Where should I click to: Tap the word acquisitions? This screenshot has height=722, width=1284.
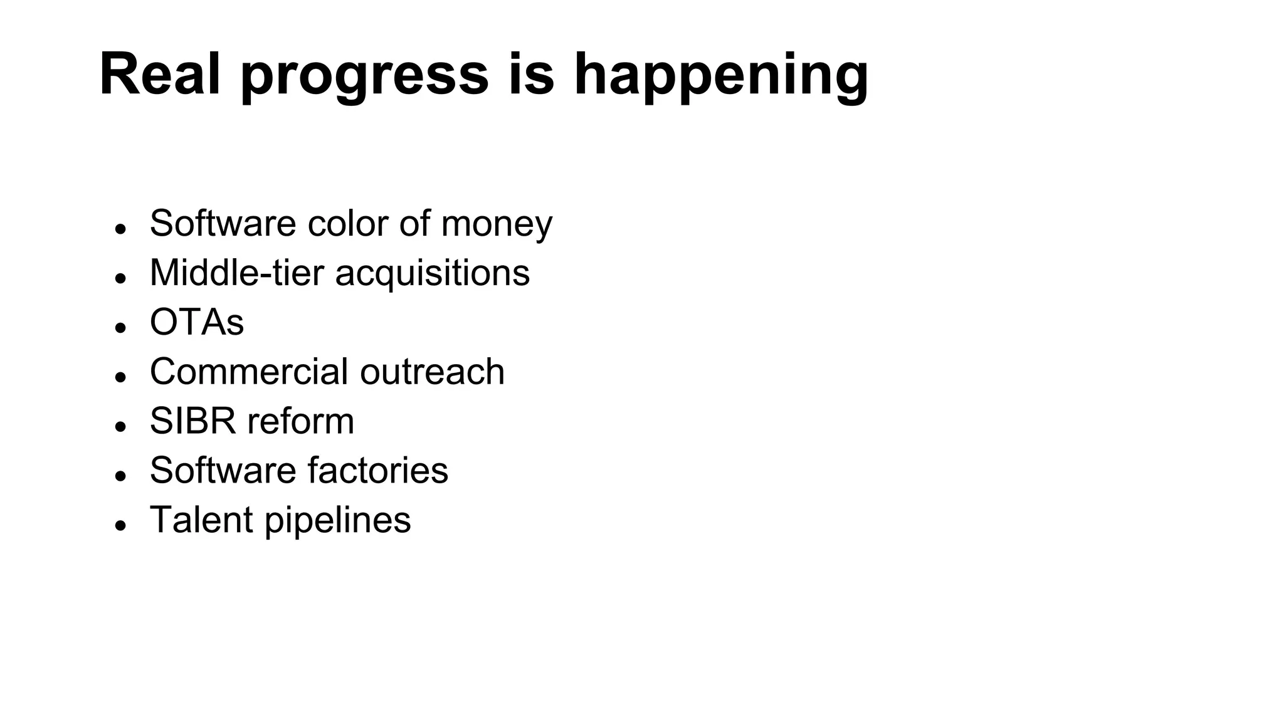(x=433, y=274)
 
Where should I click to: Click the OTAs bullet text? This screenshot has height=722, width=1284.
(x=196, y=322)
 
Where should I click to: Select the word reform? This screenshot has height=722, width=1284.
(x=301, y=421)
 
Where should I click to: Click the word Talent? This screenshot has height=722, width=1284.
(x=201, y=520)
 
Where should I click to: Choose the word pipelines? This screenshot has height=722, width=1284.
(x=338, y=521)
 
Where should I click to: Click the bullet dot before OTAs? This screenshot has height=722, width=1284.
(x=121, y=327)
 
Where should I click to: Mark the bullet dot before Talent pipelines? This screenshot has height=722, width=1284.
(x=121, y=525)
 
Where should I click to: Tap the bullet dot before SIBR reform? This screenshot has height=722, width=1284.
(x=121, y=426)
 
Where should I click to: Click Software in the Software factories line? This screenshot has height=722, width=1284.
(x=223, y=470)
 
